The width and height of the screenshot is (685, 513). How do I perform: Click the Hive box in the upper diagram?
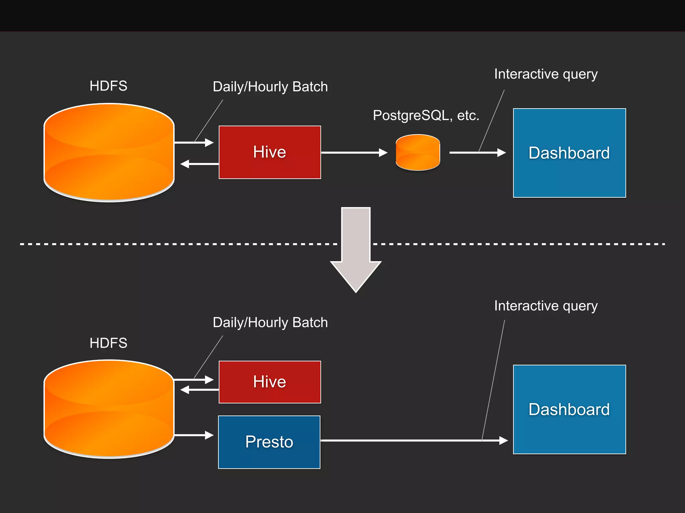[270, 152]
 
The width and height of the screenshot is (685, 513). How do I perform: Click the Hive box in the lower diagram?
[270, 382]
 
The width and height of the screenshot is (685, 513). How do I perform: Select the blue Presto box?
[269, 442]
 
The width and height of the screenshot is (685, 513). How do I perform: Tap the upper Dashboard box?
[569, 153]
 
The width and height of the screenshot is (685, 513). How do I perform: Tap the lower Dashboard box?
[569, 409]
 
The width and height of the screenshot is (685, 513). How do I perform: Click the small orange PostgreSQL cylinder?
[418, 153]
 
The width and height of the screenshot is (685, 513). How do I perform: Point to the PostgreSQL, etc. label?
[426, 116]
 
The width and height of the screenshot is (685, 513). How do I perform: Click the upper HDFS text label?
[108, 86]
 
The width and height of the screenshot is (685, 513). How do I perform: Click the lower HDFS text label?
[108, 343]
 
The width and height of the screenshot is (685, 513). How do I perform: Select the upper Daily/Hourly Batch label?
[270, 87]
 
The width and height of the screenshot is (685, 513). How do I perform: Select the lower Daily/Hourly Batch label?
[270, 323]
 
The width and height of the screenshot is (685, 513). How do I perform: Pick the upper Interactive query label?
[546, 74]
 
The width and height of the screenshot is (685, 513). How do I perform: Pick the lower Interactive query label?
[546, 306]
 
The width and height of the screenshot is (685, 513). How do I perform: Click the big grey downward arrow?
[356, 250]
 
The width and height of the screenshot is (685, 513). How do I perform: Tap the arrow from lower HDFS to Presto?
[194, 435]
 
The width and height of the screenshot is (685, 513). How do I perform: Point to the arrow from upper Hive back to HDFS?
[199, 164]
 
